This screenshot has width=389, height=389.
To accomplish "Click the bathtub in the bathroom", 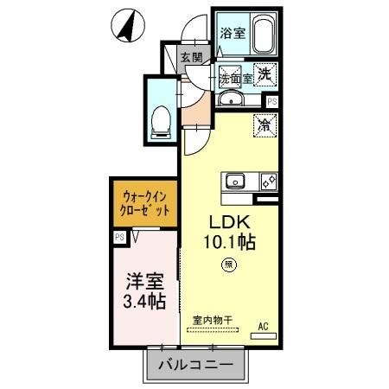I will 260,33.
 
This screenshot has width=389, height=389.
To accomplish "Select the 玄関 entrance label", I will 191,58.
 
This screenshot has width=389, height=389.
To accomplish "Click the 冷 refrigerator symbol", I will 265,126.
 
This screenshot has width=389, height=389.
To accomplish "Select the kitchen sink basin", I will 236,181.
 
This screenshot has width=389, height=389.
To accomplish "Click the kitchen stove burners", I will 267,181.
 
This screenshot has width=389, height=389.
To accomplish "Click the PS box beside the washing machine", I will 272,100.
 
